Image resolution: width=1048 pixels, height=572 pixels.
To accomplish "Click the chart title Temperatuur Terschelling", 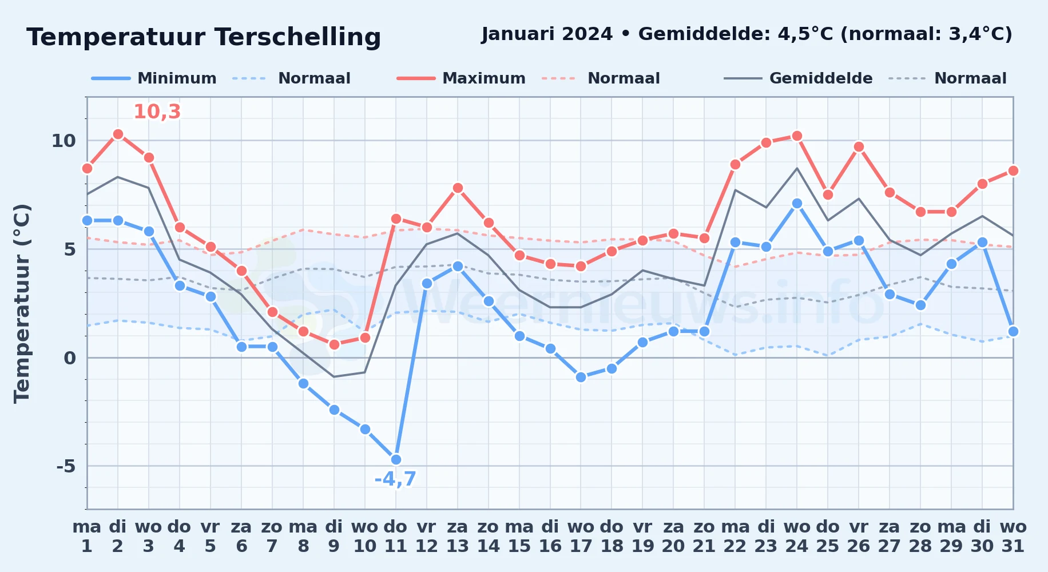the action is tap(204, 37).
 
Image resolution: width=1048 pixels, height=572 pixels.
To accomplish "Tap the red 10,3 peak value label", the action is tap(157, 112).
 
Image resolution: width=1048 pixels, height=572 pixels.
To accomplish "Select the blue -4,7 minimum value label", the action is tap(395, 479).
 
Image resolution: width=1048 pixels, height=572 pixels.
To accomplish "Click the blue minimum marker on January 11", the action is tap(396, 459).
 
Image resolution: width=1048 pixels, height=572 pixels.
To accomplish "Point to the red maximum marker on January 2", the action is tap(118, 134).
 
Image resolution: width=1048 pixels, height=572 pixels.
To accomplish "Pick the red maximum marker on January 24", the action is tap(797, 136).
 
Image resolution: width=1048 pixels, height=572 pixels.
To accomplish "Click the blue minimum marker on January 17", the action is tap(581, 377).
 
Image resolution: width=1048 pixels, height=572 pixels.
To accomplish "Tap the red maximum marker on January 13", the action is tap(458, 188).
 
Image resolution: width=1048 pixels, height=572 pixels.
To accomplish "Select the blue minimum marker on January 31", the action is tap(1013, 331).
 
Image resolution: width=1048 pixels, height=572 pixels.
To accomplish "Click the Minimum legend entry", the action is tap(154, 78).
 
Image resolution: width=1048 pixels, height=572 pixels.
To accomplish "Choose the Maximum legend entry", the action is tap(461, 78).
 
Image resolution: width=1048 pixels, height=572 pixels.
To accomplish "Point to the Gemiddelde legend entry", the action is tap(798, 78).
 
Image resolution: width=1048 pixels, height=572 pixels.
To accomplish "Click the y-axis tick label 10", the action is tap(63, 141).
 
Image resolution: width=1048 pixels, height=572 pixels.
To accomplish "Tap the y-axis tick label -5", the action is tap(66, 466).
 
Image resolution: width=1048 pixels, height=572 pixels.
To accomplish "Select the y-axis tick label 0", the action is tap(70, 358).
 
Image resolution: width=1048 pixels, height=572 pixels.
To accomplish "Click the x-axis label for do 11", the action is tap(396, 536).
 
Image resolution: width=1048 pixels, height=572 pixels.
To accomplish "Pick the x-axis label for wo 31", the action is tap(1013, 536).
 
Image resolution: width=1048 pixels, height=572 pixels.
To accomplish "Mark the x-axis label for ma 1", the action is tap(87, 536).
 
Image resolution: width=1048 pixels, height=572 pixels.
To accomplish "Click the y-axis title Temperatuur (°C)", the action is tap(22, 303).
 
